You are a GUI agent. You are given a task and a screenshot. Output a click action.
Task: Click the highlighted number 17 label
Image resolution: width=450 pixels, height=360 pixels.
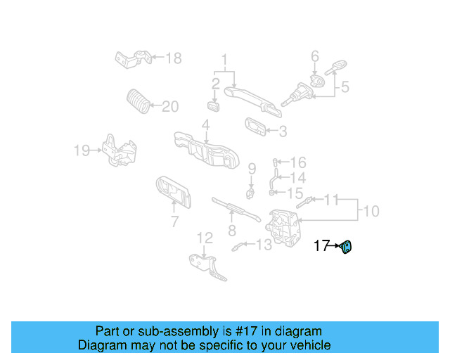(321, 246)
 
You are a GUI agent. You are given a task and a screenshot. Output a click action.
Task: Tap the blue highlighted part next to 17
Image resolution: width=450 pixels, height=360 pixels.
(347, 247)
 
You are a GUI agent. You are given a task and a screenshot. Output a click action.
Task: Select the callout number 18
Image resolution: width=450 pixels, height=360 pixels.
(173, 58)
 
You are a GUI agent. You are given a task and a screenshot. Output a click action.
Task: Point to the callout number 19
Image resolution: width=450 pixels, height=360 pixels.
(82, 150)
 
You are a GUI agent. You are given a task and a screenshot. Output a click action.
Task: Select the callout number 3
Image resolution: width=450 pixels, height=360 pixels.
(283, 131)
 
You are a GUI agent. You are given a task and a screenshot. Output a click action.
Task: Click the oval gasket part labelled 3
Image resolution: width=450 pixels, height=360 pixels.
(256, 127)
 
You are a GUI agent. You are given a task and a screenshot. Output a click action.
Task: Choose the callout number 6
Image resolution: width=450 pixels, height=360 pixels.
(315, 56)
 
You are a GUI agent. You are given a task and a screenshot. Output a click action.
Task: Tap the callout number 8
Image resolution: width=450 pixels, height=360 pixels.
(231, 231)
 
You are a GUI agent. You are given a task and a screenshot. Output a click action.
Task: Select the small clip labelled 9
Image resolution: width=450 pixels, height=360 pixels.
(250, 191)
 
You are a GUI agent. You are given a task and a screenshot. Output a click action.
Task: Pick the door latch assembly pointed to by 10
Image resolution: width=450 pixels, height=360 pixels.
(284, 226)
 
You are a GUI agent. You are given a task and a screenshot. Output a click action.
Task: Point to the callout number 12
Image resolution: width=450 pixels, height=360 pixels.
(204, 238)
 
